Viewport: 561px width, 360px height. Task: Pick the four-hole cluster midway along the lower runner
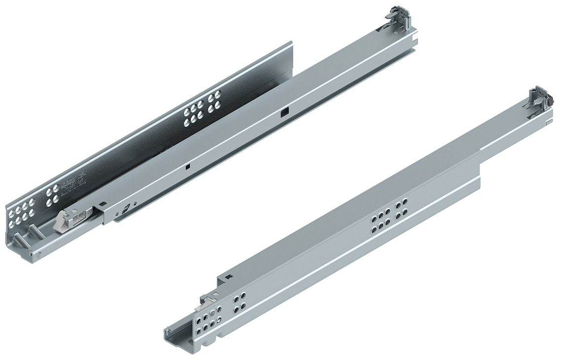[401, 207]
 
